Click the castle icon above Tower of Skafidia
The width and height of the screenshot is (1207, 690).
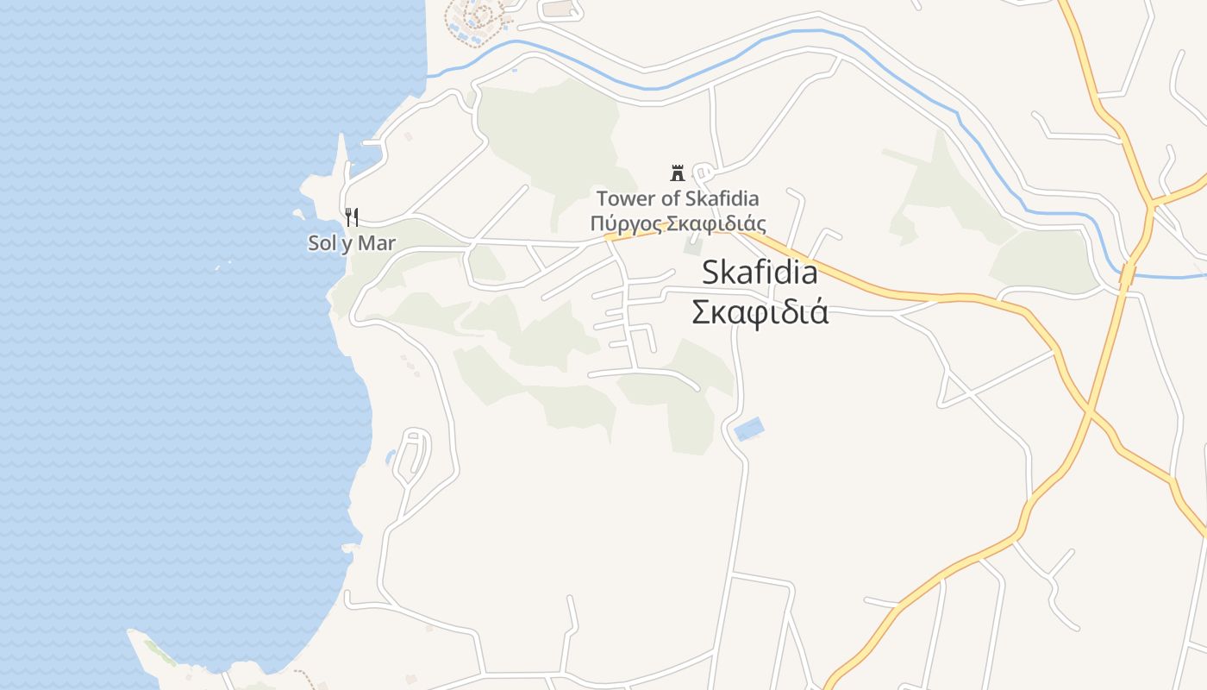pyautogui.click(x=677, y=172)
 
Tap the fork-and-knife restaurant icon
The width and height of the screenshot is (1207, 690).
pyautogui.click(x=351, y=216)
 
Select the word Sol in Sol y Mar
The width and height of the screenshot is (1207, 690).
pyautogui.click(x=322, y=243)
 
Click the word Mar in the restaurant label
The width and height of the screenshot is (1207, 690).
pyautogui.click(x=377, y=243)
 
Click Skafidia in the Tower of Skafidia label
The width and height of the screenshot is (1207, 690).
pyautogui.click(x=722, y=198)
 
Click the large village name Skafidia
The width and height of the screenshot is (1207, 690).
pyautogui.click(x=760, y=273)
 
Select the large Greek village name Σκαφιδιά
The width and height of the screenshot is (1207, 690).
pyautogui.click(x=760, y=311)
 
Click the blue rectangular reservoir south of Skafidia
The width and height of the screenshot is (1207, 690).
pyautogui.click(x=748, y=429)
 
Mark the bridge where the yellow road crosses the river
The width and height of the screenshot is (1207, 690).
pyautogui.click(x=1126, y=275)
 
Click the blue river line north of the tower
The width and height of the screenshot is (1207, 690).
pyautogui.click(x=655, y=86)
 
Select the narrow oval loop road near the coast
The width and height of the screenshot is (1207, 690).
pyautogui.click(x=412, y=455)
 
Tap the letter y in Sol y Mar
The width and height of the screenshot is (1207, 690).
pyautogui.click(x=346, y=245)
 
